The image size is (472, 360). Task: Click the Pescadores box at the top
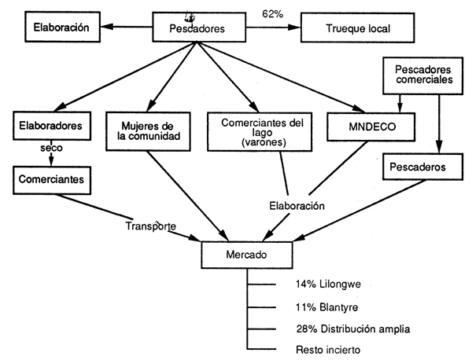coord(197,29)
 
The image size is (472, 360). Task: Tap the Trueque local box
coord(357,29)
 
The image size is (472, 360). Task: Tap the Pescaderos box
coord(417,167)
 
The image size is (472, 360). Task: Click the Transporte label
coord(149,226)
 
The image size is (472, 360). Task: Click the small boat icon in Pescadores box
coord(189,18)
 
